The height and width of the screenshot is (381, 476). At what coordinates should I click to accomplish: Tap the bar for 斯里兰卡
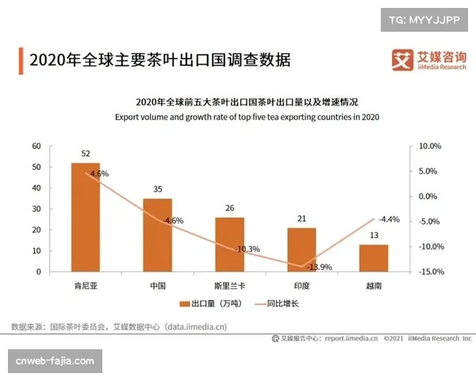click(x=229, y=244)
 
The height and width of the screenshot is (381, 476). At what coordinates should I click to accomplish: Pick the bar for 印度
click(x=301, y=249)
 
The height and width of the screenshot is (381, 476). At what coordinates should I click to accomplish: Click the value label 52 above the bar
click(x=86, y=153)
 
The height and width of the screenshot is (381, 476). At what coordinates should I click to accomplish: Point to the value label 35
click(x=158, y=189)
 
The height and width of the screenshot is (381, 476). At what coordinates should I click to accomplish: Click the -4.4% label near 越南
click(x=390, y=219)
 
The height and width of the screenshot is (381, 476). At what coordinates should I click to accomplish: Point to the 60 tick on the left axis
click(x=36, y=146)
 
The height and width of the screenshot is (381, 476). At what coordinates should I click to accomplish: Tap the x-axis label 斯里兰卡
click(x=229, y=284)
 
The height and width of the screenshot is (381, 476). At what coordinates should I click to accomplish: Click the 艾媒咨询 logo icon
click(x=403, y=60)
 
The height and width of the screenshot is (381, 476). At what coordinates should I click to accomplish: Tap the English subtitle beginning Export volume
click(x=248, y=117)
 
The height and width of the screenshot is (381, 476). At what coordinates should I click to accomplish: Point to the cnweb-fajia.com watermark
click(x=56, y=361)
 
